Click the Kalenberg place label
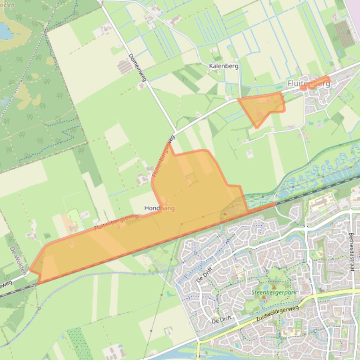coord(224,66)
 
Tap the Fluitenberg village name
coord(309,84)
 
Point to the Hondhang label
coord(159,208)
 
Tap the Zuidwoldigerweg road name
coord(277,314)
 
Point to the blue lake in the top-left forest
coord(5,31)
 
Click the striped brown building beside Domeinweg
coord(125,67)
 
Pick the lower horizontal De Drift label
coord(222,321)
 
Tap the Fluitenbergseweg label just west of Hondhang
coord(115,221)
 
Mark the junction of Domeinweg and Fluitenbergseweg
coord(175,133)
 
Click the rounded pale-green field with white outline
coord(74,216)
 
